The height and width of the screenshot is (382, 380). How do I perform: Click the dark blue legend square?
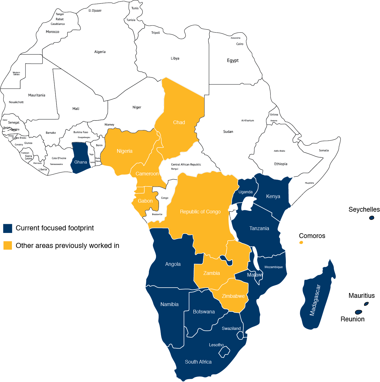8,228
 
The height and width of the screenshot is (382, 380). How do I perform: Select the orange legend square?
8,245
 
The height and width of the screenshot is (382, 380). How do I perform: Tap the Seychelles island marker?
371,218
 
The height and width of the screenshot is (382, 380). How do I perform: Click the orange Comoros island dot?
301,242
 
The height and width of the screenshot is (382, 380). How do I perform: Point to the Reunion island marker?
358,312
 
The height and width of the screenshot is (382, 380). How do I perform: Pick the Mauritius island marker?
366,304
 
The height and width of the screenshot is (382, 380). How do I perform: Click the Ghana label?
81,162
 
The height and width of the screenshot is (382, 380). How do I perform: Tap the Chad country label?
179,122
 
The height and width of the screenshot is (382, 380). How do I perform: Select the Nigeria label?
124,151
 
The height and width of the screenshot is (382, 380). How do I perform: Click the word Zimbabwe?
233,296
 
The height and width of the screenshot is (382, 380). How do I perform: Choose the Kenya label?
273,196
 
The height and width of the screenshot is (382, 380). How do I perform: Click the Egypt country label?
233,60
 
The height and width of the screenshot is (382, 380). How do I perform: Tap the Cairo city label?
240,44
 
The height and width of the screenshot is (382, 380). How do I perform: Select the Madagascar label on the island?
315,300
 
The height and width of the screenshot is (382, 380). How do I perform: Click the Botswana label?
204,312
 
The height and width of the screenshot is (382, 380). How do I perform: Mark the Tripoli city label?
155,33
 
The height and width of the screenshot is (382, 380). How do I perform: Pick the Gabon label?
145,201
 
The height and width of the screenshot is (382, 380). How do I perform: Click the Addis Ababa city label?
279,151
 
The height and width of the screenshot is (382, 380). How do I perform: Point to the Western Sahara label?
16,73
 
